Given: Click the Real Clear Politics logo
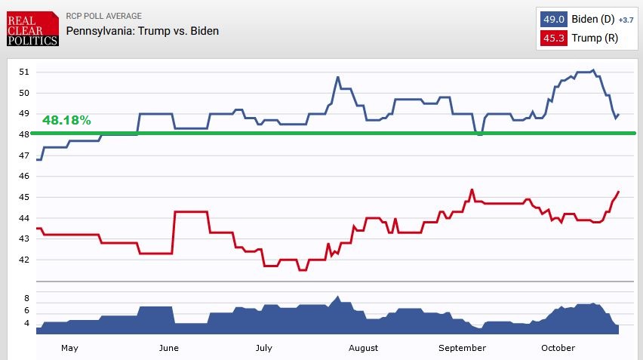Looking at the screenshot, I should coord(31,28).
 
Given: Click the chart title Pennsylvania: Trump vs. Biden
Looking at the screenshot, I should coord(143,31).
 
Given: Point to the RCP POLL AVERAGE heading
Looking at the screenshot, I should coord(104,16).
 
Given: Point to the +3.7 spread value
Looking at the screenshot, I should coord(626,19).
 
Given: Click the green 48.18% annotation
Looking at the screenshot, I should coord(66,120).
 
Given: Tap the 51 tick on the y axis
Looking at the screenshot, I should coord(24,72).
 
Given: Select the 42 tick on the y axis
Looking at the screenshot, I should coord(24,260).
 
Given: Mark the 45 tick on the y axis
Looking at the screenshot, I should coord(24,197).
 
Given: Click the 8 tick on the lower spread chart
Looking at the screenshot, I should coord(26,298).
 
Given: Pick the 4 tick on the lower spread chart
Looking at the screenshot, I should coord(26,323).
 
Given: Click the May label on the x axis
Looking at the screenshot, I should coord(69,348).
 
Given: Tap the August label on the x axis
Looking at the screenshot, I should coord(363,348).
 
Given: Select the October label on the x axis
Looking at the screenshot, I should coord(558,348).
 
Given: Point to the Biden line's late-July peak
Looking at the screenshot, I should coord(337,77).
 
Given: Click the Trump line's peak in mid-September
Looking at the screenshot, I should coord(472,189).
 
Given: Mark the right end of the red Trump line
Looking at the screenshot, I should coord(619,192).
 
